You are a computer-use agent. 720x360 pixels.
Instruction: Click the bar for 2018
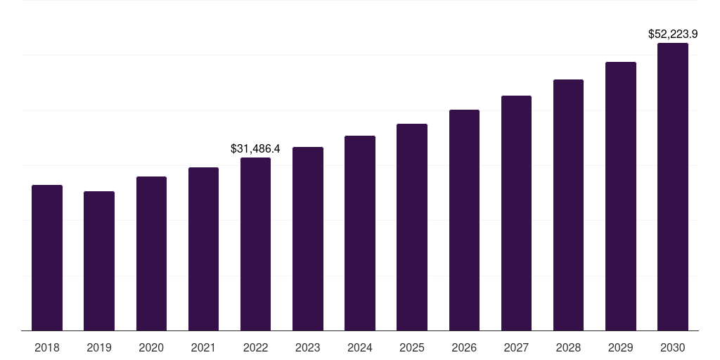(x=47, y=257)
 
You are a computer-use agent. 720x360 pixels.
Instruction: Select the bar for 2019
(x=99, y=261)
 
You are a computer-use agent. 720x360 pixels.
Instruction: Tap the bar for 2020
(x=151, y=253)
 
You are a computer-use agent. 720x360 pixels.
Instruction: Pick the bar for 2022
(x=255, y=244)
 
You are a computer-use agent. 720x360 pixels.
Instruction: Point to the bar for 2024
(x=360, y=233)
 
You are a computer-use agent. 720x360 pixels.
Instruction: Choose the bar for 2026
(x=464, y=220)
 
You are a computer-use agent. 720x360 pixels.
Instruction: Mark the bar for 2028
(x=568, y=205)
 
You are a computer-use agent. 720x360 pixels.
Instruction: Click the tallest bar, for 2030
(x=672, y=186)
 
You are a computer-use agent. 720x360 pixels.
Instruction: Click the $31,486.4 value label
(x=255, y=148)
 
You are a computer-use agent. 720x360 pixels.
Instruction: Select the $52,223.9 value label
(x=672, y=34)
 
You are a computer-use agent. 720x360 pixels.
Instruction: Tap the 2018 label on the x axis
(x=47, y=347)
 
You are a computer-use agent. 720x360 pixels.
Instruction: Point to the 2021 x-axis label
(x=203, y=347)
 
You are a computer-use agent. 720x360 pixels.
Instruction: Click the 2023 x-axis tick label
(x=308, y=347)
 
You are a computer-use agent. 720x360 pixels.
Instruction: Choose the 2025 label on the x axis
(x=412, y=347)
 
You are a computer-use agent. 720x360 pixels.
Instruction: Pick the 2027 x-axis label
(x=516, y=347)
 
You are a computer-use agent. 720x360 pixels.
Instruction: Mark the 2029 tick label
(x=620, y=347)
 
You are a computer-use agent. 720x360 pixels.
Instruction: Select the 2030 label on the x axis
(x=672, y=347)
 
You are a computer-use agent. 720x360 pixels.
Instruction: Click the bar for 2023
(x=308, y=238)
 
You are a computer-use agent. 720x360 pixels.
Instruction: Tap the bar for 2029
(x=620, y=196)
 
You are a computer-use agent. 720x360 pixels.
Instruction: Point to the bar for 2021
(x=203, y=249)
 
